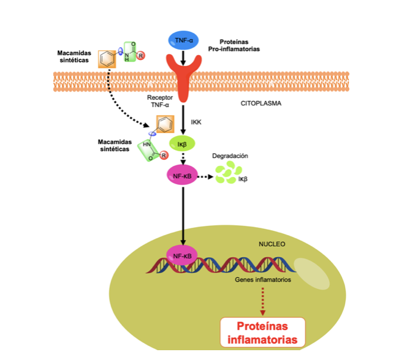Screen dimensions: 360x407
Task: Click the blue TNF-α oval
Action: click(183, 40)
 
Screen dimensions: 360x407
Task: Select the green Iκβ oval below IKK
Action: click(183, 144)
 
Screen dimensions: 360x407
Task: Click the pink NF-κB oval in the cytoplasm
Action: click(183, 176)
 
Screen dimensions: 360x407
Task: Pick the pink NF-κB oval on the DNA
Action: click(183, 256)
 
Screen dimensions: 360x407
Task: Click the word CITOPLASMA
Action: click(261, 103)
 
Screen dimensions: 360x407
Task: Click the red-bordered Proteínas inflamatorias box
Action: click(262, 332)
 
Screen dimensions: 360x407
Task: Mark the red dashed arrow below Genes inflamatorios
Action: click(262, 301)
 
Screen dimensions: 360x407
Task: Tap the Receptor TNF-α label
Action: click(160, 101)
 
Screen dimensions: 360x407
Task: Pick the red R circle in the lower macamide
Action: click(164, 157)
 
